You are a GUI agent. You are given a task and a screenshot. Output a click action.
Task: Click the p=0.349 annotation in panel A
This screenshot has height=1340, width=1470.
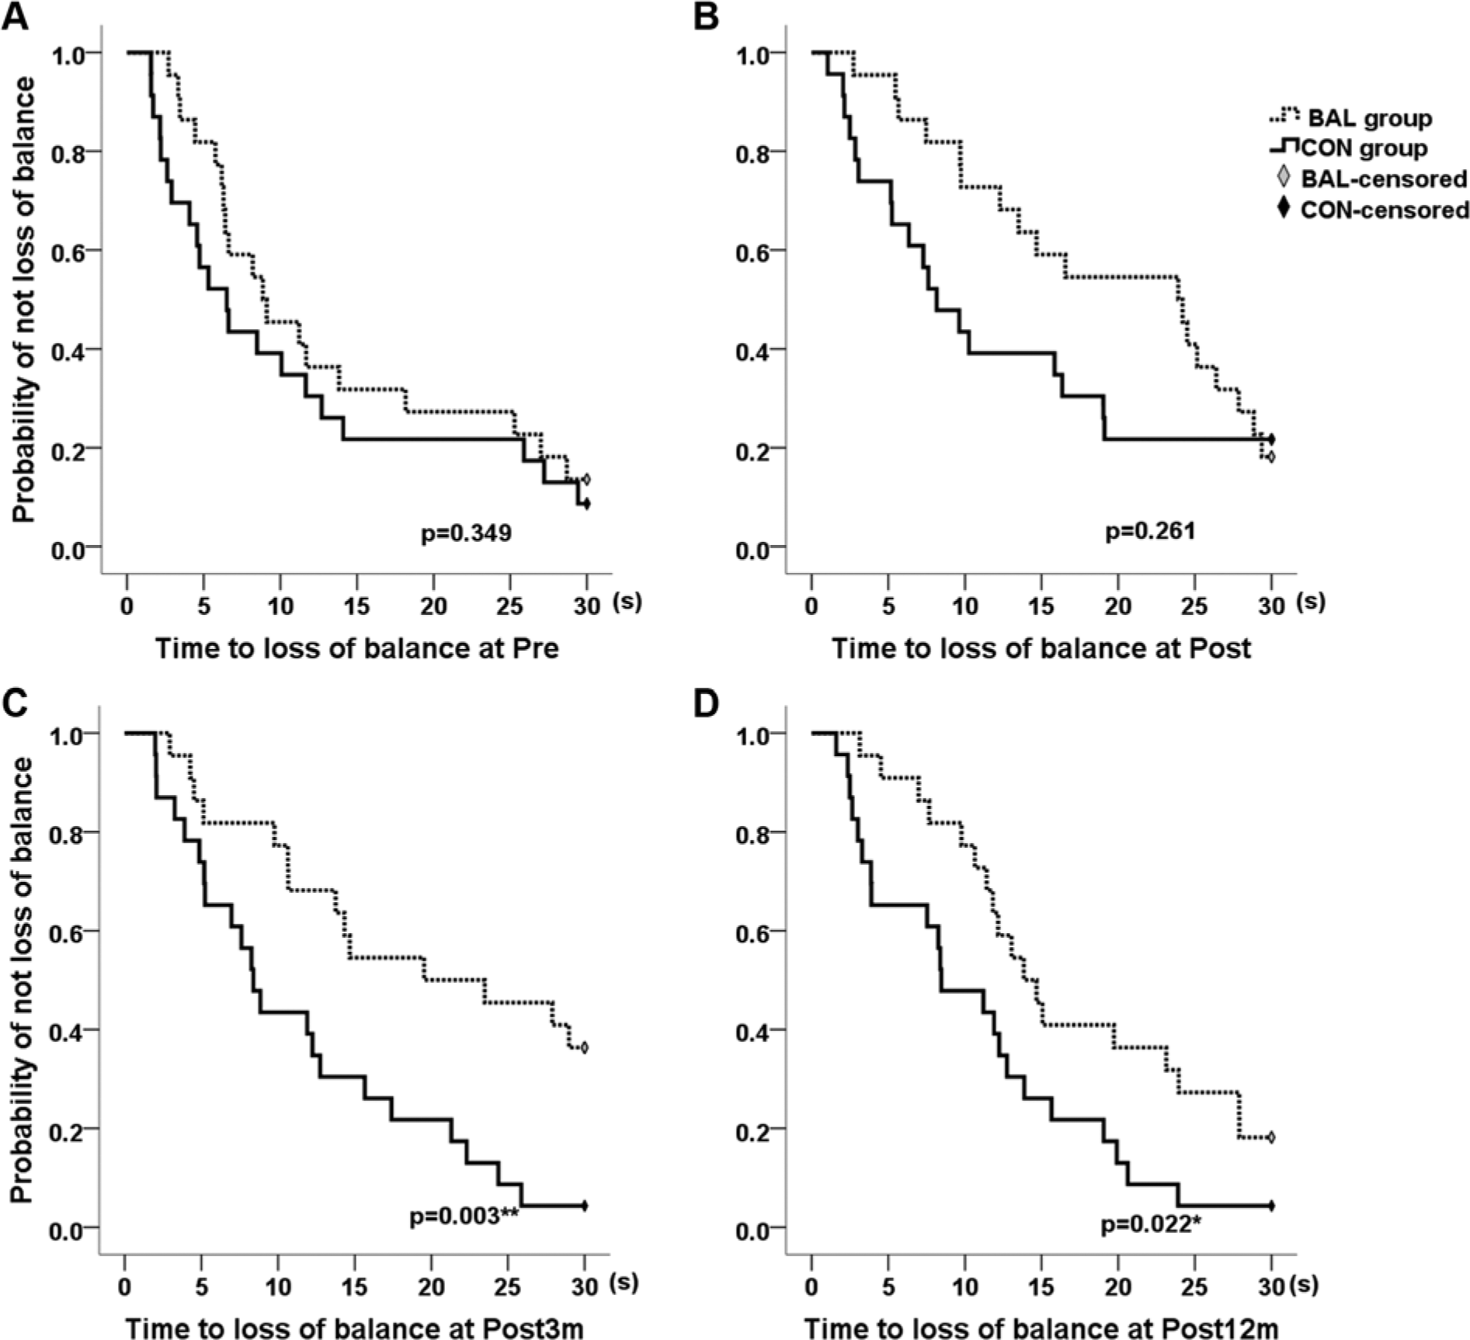[x=466, y=533]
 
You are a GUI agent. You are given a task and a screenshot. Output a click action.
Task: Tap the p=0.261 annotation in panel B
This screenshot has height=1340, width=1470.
[x=1150, y=531]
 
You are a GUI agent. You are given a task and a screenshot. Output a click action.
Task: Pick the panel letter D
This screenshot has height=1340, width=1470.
[x=706, y=703]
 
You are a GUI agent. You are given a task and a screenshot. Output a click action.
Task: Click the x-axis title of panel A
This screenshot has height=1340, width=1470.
[x=357, y=647]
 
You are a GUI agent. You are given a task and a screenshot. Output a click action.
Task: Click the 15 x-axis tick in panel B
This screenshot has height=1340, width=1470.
[x=1042, y=606]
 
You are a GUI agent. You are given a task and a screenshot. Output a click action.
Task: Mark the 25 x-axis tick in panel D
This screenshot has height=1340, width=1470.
[x=1195, y=1286]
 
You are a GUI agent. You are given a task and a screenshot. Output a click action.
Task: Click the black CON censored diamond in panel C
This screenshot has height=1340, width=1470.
[x=585, y=1206]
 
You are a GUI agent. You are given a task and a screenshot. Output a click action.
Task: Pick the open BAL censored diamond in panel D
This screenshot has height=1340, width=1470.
[x=1271, y=1138]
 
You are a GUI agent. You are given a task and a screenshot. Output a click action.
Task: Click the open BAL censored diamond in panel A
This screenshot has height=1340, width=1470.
[x=586, y=479]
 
